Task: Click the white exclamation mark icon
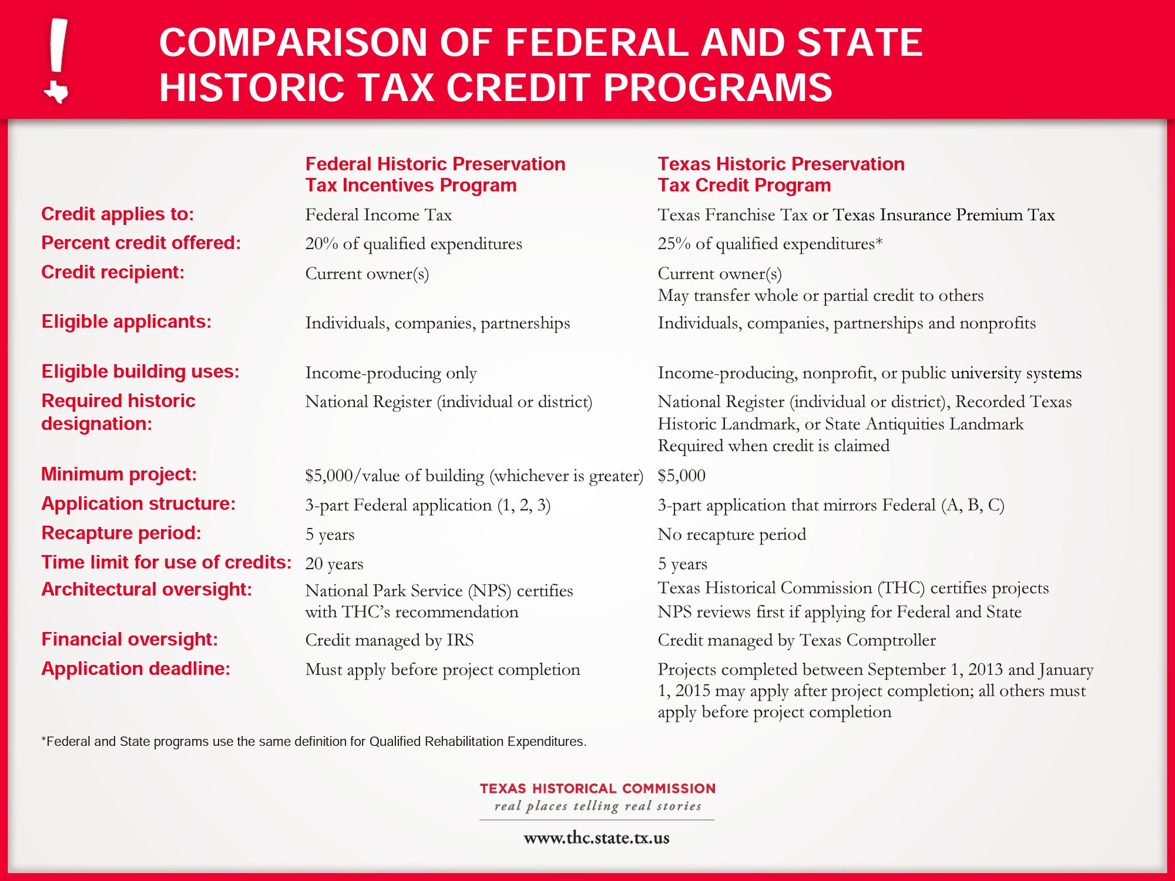[x=56, y=60]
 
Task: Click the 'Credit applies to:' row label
[x=117, y=214]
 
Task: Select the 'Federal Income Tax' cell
[x=378, y=215]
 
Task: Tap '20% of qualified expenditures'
[x=414, y=244]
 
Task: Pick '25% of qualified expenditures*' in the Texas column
[x=770, y=244]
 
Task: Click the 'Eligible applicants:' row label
[x=126, y=322]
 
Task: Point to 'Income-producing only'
[x=391, y=373]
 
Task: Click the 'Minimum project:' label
[x=119, y=474]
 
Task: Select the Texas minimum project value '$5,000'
[x=681, y=476]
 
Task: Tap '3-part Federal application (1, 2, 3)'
[x=428, y=505]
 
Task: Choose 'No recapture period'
[x=731, y=534]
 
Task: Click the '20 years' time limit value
[x=334, y=564]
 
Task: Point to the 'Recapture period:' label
[x=121, y=533]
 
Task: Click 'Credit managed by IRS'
[x=390, y=640]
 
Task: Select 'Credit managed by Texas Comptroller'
[x=797, y=640]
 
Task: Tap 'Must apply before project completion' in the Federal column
[x=442, y=670]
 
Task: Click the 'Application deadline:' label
[x=136, y=668]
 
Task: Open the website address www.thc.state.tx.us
[x=596, y=838]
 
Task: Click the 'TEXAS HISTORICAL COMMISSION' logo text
[x=597, y=788]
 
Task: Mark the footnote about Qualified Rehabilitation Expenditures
[x=314, y=741]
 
